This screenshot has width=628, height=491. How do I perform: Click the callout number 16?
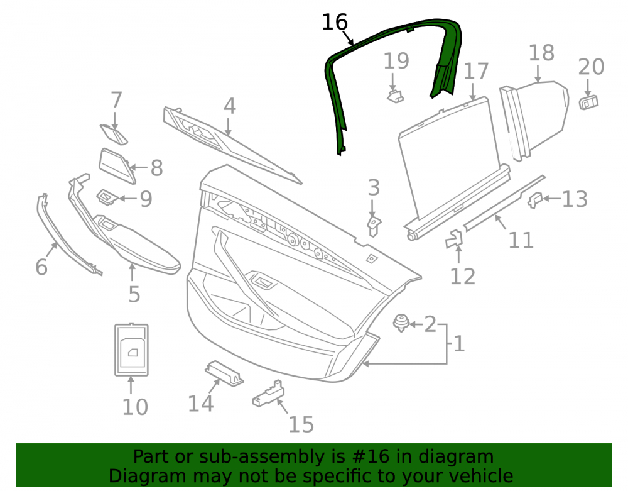pyautogui.click(x=335, y=22)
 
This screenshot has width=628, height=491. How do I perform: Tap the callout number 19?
pyautogui.click(x=396, y=61)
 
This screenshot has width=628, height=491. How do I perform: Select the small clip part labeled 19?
pyautogui.click(x=395, y=96)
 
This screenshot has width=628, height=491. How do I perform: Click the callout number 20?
pyautogui.click(x=591, y=67)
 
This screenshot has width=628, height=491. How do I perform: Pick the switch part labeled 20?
pyautogui.click(x=588, y=102)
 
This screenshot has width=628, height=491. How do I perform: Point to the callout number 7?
pyautogui.click(x=116, y=100)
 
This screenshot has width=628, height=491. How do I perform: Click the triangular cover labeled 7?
pyautogui.click(x=114, y=135)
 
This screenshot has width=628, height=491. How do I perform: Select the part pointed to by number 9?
pyautogui.click(x=107, y=197)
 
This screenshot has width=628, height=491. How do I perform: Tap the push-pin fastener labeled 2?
pyautogui.click(x=401, y=323)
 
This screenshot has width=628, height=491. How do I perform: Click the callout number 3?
pyautogui.click(x=374, y=187)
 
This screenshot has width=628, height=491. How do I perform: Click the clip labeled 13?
pyautogui.click(x=534, y=200)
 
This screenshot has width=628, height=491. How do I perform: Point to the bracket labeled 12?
pyautogui.click(x=454, y=240)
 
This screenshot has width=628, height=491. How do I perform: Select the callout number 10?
pyautogui.click(x=135, y=407)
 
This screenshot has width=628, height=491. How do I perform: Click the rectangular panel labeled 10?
pyautogui.click(x=131, y=350)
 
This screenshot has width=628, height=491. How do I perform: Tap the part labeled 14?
pyautogui.click(x=224, y=373)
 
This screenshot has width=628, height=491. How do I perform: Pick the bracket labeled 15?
pyautogui.click(x=268, y=394)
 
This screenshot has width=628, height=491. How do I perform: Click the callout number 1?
pyautogui.click(x=459, y=344)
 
